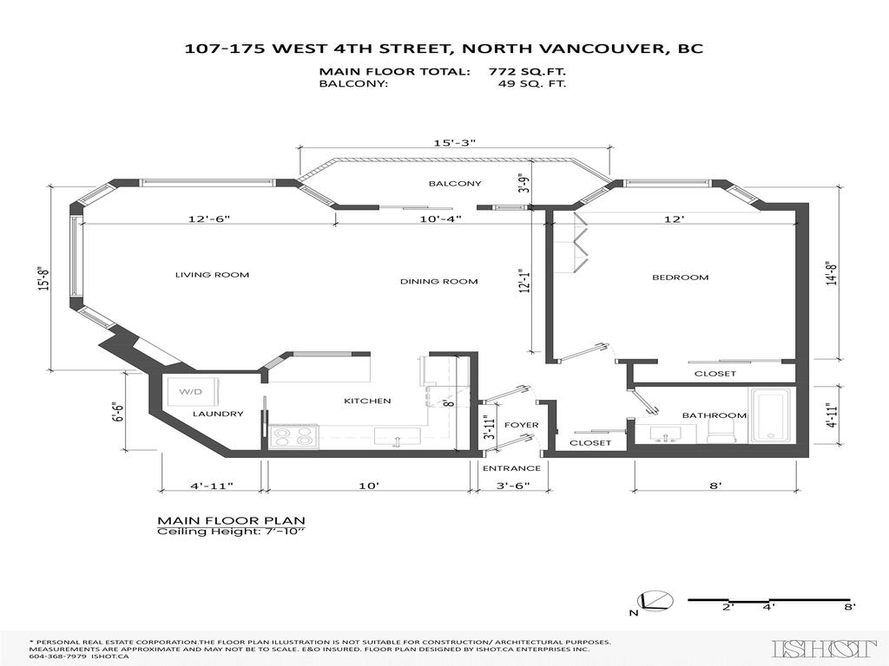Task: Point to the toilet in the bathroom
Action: pos(718,431)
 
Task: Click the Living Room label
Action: pos(212,275)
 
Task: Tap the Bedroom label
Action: pos(680,277)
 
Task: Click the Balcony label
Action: pos(455,184)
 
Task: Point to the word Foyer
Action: pos(522,425)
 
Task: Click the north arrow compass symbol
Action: pos(652,601)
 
